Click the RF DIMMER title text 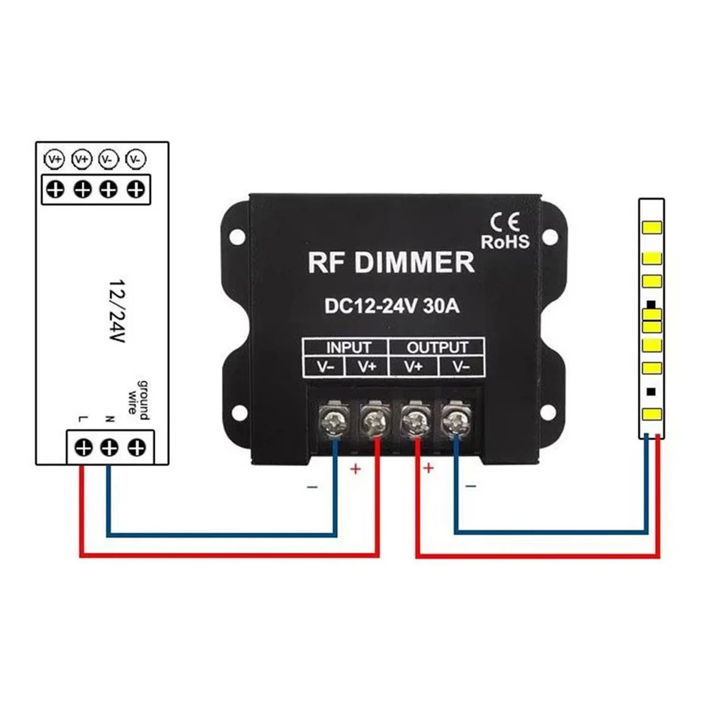[x=391, y=262]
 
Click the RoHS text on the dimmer [x=505, y=241]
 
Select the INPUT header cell [x=348, y=348]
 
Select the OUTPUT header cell [x=437, y=348]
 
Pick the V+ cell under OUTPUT [x=414, y=367]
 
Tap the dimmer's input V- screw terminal [x=333, y=421]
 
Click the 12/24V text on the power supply [x=118, y=312]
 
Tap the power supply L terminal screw [x=83, y=448]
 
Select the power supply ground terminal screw [x=137, y=448]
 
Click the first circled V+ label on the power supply [x=55, y=160]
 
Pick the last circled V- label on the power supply [x=135, y=159]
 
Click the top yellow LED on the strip [x=652, y=228]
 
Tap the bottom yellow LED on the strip [x=652, y=414]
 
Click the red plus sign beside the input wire [x=355, y=469]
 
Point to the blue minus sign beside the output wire [x=471, y=486]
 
